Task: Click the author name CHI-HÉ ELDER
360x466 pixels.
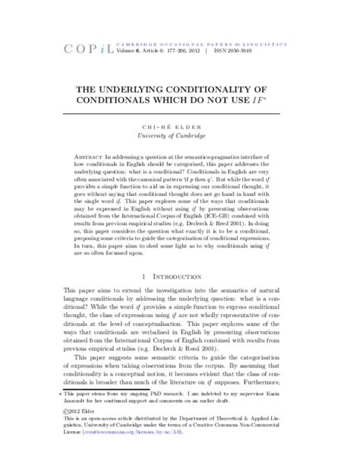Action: (x=180, y=125)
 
